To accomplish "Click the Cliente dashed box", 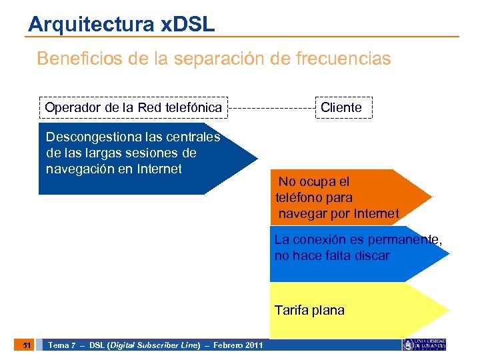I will pos(343,107).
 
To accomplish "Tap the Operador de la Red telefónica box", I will pos(133,107).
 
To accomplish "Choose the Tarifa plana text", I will pos(309,311).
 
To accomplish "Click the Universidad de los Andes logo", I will pos(424,344).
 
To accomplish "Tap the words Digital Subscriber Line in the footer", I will pos(154,345).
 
